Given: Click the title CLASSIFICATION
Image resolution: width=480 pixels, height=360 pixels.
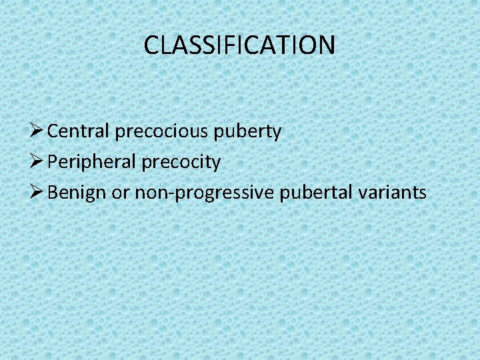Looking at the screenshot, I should [x=239, y=45].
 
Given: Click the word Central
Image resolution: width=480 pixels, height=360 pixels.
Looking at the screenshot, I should [x=79, y=131].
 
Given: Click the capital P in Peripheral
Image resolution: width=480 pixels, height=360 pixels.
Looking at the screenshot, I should [x=54, y=162].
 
